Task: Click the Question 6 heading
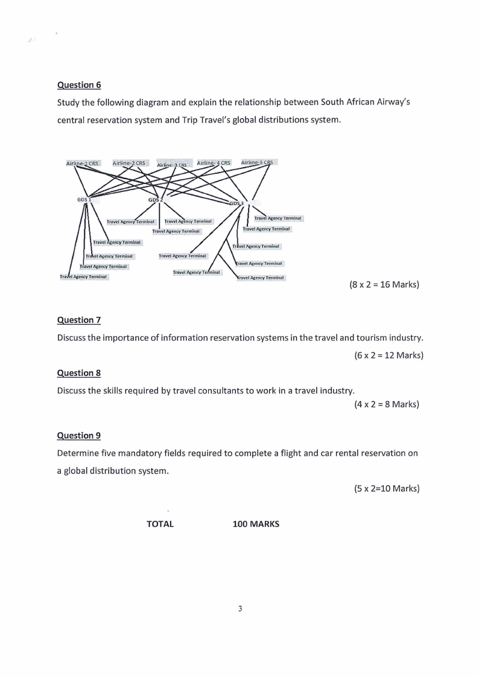click(75, 85)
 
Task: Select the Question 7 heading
click(75, 320)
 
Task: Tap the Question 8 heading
click(75, 373)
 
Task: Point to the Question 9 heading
click(75, 435)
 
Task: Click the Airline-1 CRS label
click(82, 164)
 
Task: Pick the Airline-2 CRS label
click(129, 163)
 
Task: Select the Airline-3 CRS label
click(173, 165)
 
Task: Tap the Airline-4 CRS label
click(214, 163)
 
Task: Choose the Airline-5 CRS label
click(257, 162)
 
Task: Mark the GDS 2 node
click(156, 200)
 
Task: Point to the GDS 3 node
click(236, 203)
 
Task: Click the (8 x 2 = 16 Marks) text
click(384, 284)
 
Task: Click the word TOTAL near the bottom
click(160, 524)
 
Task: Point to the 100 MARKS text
click(256, 524)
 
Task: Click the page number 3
click(240, 609)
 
